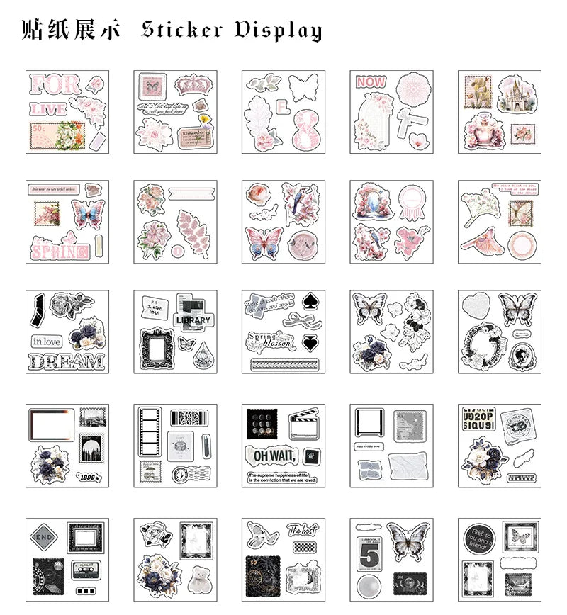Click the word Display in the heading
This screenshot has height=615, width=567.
tap(278, 30)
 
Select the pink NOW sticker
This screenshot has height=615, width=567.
tap(371, 82)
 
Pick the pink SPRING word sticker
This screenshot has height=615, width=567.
tap(60, 249)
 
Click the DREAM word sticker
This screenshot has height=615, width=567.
tap(65, 362)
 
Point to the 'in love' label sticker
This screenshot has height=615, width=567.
tap(47, 342)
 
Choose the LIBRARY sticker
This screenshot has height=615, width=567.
tap(193, 320)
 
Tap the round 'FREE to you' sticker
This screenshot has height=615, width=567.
tap(477, 542)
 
